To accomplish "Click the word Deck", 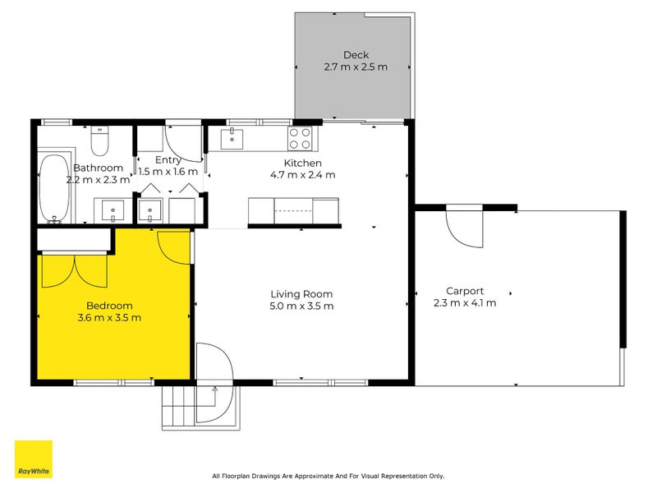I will pyautogui.click(x=356, y=55).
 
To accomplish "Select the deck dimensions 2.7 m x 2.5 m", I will pyautogui.click(x=356, y=67).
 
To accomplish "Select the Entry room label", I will pyautogui.click(x=168, y=159).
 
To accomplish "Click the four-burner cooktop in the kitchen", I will pyautogui.click(x=300, y=137).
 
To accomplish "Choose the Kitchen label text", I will pyautogui.click(x=302, y=163).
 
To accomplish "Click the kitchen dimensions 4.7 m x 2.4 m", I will pyautogui.click(x=302, y=175).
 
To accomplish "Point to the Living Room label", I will pyautogui.click(x=302, y=294).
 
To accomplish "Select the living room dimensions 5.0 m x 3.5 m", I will pyautogui.click(x=302, y=306).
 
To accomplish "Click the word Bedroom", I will pyautogui.click(x=109, y=306).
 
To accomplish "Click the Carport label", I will pyautogui.click(x=464, y=290).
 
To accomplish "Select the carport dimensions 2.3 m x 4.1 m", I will pyautogui.click(x=464, y=302).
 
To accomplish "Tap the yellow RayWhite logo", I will pyautogui.click(x=34, y=459).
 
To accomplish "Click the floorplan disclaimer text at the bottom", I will pyautogui.click(x=328, y=476).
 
